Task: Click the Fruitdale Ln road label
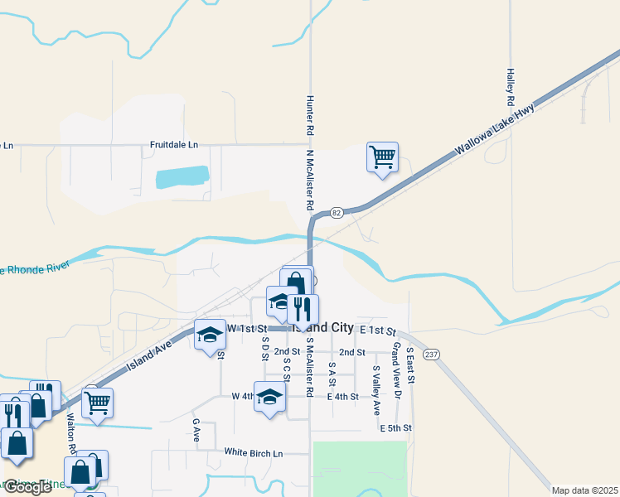tap(174, 145)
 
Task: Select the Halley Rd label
tap(511, 86)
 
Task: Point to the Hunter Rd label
tap(309, 114)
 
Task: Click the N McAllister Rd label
tap(309, 180)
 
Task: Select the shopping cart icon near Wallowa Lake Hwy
tap(382, 156)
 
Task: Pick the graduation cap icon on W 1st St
tap(210, 335)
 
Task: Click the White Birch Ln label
tap(254, 453)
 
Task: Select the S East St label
tap(409, 365)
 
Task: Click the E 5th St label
tap(395, 428)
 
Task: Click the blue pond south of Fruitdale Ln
tap(182, 176)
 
